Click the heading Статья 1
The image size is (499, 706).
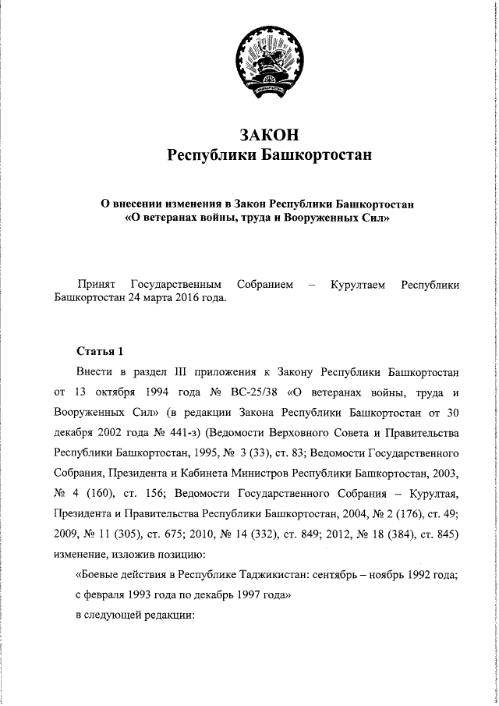pyautogui.click(x=100, y=349)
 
